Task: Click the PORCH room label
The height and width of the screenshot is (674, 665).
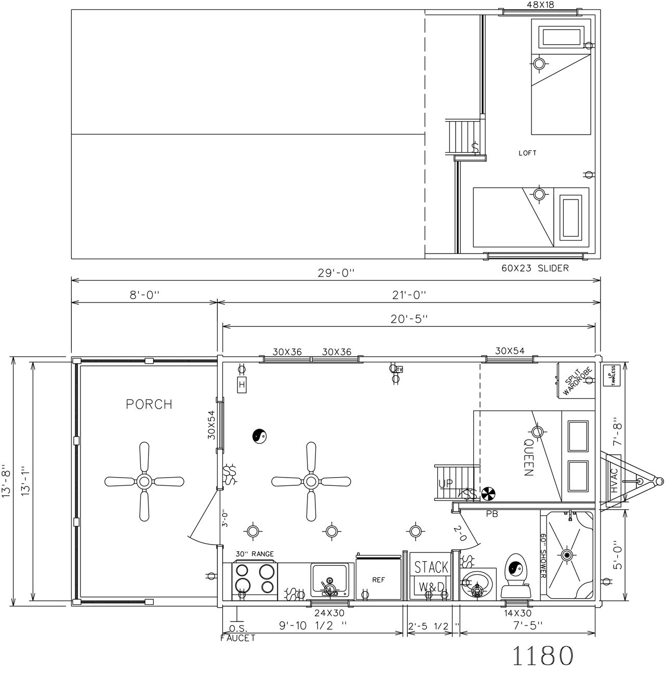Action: [149, 404]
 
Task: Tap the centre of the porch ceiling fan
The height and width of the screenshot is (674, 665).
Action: [144, 482]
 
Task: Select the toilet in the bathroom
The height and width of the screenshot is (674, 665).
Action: [516, 575]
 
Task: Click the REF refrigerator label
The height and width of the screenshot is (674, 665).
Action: [379, 580]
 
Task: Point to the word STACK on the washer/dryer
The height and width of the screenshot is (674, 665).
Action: [431, 567]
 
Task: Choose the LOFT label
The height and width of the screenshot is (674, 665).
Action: [527, 153]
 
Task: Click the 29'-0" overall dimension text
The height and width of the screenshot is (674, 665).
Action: [336, 273]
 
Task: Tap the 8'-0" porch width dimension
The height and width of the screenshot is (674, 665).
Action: [144, 295]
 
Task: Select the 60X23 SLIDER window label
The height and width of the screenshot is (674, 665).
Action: [535, 268]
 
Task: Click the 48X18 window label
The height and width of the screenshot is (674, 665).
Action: [540, 5]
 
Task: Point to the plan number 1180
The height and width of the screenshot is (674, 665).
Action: [543, 655]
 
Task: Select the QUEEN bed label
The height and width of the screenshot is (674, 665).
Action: [528, 457]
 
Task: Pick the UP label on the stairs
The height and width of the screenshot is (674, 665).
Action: [446, 483]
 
